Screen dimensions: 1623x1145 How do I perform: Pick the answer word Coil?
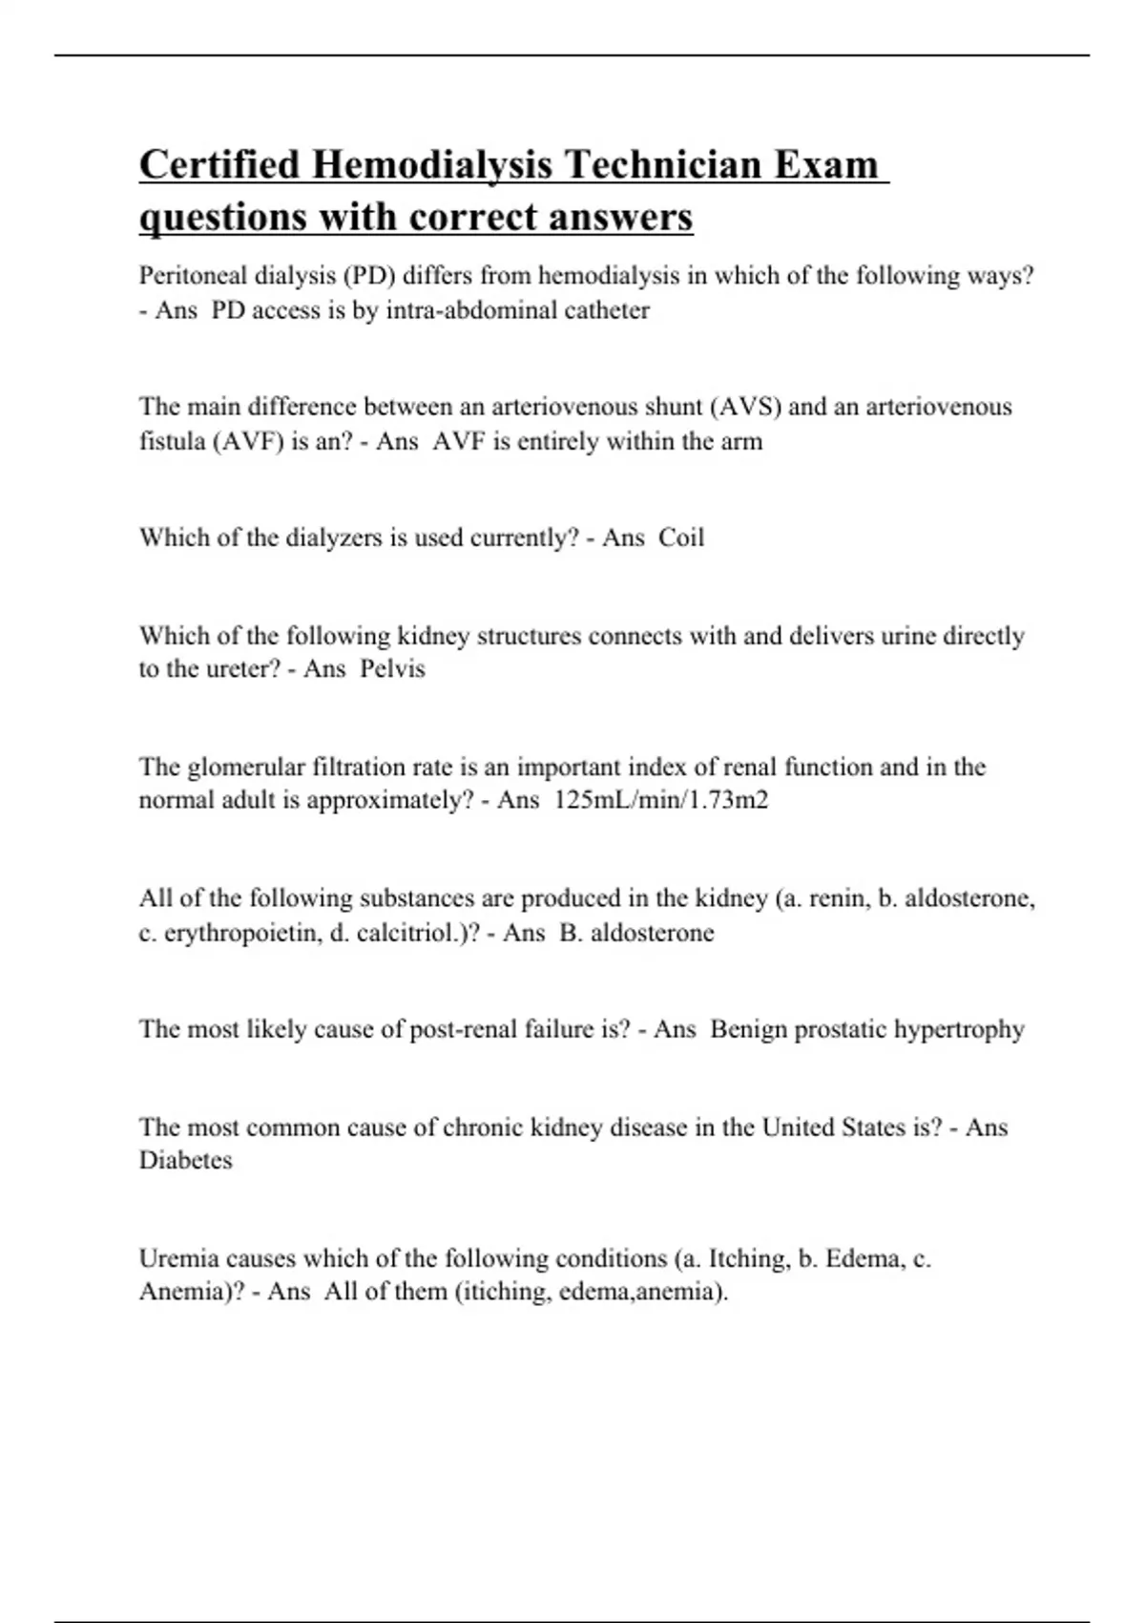coord(681,537)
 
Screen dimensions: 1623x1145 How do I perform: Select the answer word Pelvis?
coord(392,668)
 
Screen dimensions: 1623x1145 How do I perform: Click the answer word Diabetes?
coord(186,1160)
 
